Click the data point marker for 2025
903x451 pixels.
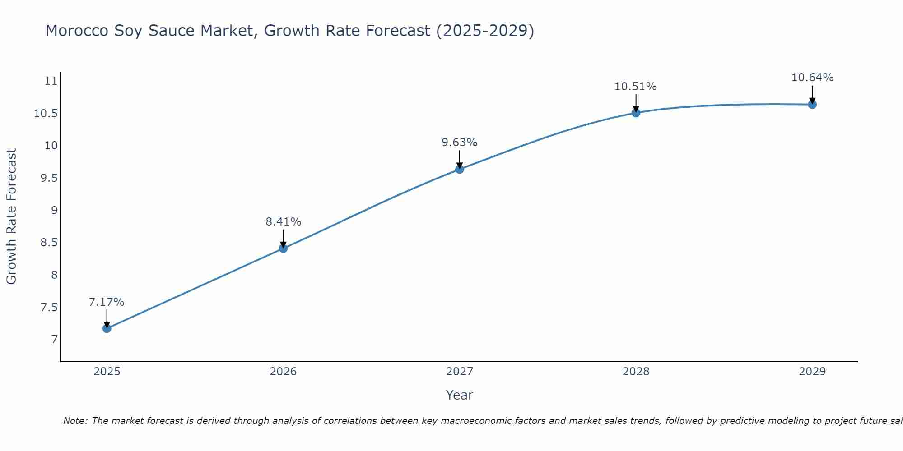[107, 328]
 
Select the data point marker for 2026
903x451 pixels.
[283, 248]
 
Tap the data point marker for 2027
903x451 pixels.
[460, 169]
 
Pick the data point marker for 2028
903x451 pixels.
[636, 113]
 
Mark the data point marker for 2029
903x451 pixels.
[812, 105]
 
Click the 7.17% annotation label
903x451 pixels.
[107, 302]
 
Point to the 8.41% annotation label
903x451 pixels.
[283, 222]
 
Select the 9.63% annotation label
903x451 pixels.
[459, 143]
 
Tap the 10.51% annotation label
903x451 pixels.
[635, 87]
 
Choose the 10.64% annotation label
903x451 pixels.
[812, 78]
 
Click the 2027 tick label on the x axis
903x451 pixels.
[460, 372]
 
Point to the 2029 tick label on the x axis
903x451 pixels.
[812, 372]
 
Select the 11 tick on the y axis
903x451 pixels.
[51, 81]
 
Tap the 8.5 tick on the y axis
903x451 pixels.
[49, 243]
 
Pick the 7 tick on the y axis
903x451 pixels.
[55, 339]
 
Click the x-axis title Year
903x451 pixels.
[459, 395]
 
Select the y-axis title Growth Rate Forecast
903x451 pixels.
[11, 216]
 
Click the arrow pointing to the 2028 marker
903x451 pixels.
[636, 103]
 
